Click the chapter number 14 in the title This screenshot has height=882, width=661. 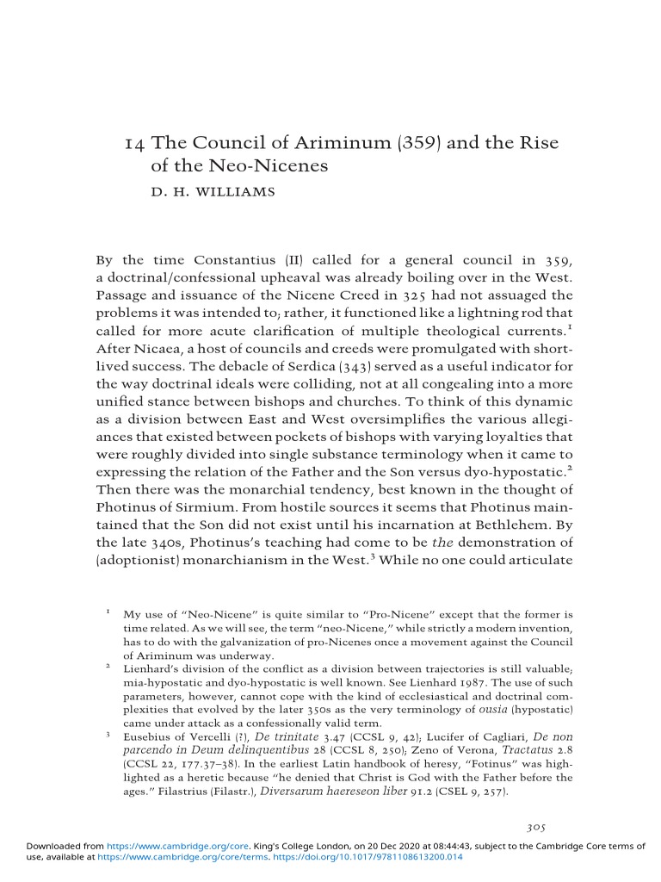133,143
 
